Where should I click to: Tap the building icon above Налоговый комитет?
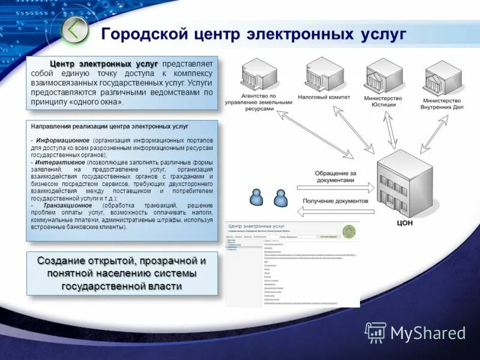pyautogui.click(x=325, y=74)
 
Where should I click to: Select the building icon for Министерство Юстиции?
pyautogui.click(x=383, y=74)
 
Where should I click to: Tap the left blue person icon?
pyautogui.click(x=257, y=197)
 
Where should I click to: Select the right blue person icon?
pyautogui.click(x=280, y=197)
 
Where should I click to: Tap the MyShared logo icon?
pyautogui.click(x=376, y=332)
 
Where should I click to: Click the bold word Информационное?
pyautogui.click(x=62, y=140)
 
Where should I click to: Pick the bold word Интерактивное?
pyautogui.click(x=59, y=162)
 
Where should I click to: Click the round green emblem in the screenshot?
pyautogui.click(x=349, y=232)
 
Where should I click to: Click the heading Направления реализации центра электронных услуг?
pyautogui.click(x=109, y=127)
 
